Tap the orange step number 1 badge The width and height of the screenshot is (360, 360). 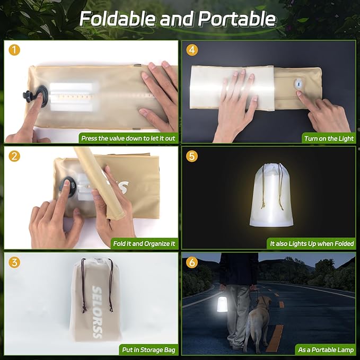point(14,50)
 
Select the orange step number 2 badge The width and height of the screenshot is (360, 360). point(14,156)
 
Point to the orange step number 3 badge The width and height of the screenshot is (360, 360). point(14,262)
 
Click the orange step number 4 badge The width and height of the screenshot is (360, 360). point(192,50)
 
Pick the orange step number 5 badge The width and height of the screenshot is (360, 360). point(192,156)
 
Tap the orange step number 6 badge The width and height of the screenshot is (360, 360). point(192,262)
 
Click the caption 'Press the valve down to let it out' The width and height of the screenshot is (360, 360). point(128,138)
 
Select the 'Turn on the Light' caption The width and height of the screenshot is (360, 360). point(328,138)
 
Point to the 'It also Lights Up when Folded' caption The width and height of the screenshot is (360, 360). point(311,244)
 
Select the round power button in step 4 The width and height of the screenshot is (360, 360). point(298,84)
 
